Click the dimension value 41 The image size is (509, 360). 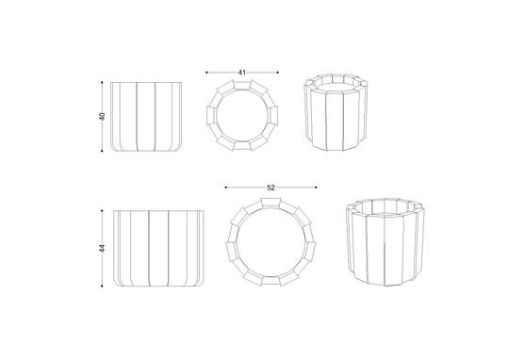coord(242,73)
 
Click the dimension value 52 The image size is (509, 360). coord(271,188)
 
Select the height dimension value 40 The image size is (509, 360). coord(102,116)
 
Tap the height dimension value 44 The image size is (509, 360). coord(102,249)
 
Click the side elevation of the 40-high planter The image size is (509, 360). coord(146,117)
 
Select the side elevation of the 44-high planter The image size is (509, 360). coord(158,249)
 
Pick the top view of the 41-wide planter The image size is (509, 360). coord(242,116)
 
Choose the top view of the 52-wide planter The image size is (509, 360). coord(271,242)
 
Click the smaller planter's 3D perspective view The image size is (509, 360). coord(336,112)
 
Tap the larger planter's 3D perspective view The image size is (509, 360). coord(386,242)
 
